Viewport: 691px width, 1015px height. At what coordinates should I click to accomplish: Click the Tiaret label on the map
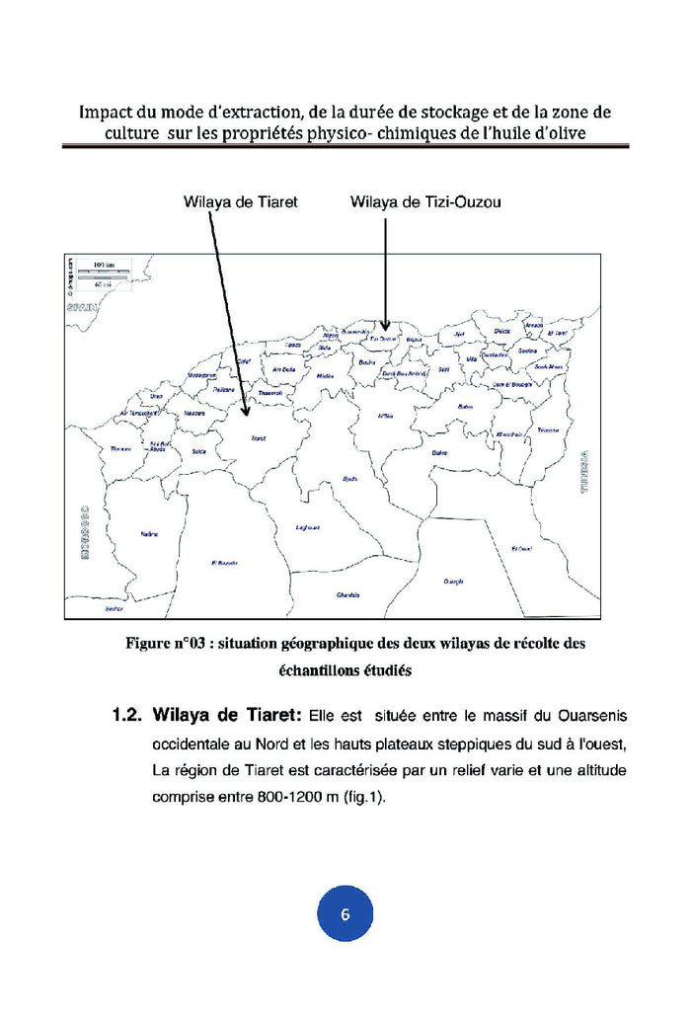[x=259, y=437]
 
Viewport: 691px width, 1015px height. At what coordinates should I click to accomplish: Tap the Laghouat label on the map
[x=309, y=527]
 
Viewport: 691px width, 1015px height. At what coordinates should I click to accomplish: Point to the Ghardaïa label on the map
[x=347, y=594]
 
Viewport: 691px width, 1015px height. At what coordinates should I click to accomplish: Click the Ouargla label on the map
[x=453, y=581]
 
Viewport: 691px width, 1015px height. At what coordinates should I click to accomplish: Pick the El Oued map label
[x=522, y=548]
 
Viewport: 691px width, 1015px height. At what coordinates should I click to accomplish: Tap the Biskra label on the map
[x=441, y=452]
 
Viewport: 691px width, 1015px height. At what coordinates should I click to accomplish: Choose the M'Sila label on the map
[x=385, y=416]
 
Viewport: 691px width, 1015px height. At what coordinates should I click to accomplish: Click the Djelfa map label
[x=348, y=479]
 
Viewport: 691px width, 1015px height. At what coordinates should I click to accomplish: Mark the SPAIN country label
[x=78, y=308]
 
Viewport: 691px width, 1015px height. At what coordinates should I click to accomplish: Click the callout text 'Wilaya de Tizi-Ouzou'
[x=425, y=202]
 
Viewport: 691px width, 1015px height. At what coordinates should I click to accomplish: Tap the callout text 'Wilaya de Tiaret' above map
[x=241, y=202]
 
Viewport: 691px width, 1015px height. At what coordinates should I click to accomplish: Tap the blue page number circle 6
[x=345, y=913]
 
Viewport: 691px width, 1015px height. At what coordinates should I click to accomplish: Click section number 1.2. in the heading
[x=130, y=714]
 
